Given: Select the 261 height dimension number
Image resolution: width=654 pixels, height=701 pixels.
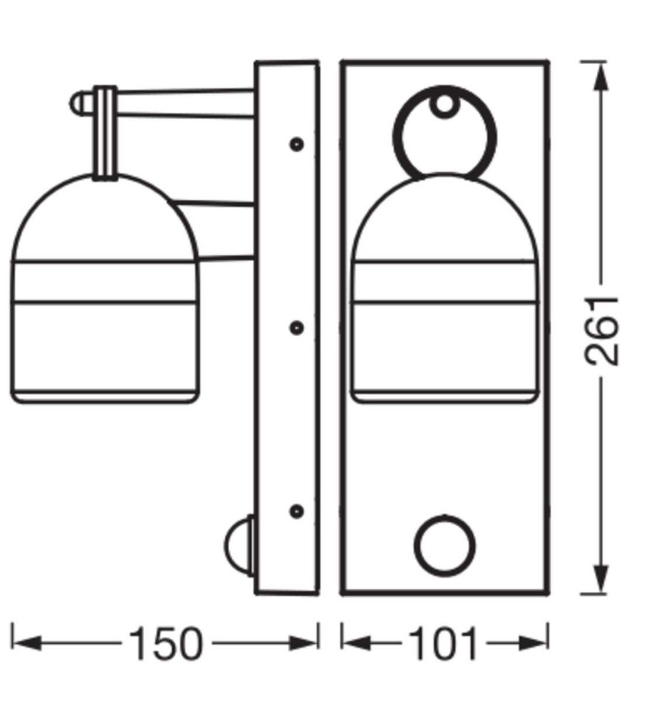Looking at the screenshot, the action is click(x=601, y=331).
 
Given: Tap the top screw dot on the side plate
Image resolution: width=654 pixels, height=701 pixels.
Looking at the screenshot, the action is click(x=297, y=144).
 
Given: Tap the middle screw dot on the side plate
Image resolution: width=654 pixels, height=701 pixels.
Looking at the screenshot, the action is click(x=297, y=328).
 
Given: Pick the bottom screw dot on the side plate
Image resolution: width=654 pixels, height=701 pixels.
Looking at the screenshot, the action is click(x=297, y=512).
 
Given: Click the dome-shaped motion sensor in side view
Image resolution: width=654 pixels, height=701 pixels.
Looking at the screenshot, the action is click(x=239, y=546).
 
